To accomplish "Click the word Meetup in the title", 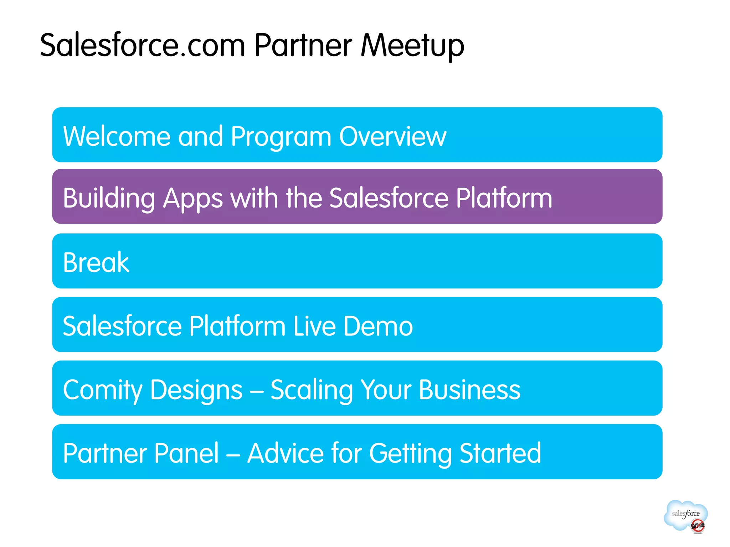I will pyautogui.click(x=412, y=45).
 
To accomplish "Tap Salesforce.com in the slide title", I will pyautogui.click(x=143, y=45).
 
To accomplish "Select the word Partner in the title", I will pyautogui.click(x=303, y=45).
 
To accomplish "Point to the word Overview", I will pyautogui.click(x=392, y=136).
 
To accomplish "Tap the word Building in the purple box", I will pyautogui.click(x=109, y=198).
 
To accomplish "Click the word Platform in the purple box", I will pyautogui.click(x=504, y=198).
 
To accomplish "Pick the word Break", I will pyautogui.click(x=96, y=262).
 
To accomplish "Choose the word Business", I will pyautogui.click(x=469, y=390).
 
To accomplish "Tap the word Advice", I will pyautogui.click(x=285, y=453).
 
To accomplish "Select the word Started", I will pyautogui.click(x=500, y=453).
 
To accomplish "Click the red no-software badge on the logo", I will pyautogui.click(x=698, y=526).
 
